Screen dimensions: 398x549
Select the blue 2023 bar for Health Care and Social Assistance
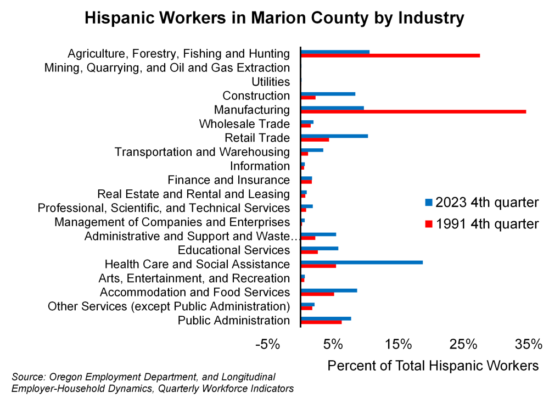[x=362, y=262]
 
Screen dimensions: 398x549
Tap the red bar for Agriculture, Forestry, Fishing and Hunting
[x=390, y=55]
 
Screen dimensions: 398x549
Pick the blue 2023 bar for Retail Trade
[x=334, y=136]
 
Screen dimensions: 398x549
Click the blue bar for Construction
[x=328, y=94]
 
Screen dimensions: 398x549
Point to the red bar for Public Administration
[x=321, y=322]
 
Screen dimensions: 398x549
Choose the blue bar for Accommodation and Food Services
[x=329, y=290]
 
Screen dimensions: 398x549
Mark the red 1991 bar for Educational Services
[x=310, y=252]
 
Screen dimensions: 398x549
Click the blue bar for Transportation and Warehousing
[x=312, y=149]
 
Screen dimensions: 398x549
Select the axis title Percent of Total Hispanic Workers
[x=433, y=365]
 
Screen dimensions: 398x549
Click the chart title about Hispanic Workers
[x=274, y=18]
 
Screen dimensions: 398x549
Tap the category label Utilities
[x=270, y=82]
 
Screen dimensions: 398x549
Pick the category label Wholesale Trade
[x=244, y=124]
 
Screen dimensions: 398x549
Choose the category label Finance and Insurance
[x=228, y=180]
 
